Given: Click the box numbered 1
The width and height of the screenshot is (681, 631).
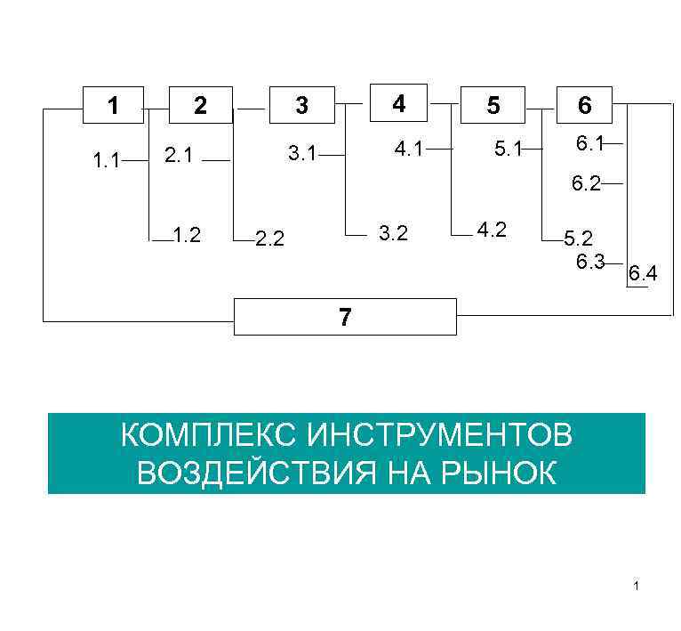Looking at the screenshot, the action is click(112, 105).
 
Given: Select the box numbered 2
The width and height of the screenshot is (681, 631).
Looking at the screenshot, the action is click(200, 105).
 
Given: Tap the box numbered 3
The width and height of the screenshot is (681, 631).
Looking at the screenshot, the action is click(301, 105).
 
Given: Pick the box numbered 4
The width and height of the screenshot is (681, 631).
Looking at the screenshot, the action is click(398, 103).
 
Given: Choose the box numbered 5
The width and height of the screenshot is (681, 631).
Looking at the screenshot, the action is click(493, 105).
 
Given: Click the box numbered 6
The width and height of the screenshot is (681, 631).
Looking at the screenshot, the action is click(584, 105).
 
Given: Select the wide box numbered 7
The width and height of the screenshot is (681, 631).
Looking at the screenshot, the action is click(345, 317).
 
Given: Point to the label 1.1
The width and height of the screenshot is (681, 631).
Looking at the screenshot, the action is click(106, 161).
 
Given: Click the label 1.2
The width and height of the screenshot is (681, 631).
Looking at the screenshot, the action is click(187, 235).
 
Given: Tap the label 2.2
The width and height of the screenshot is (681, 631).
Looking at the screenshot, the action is click(270, 239).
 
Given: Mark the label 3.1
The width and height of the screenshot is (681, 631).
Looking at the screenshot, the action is click(302, 155).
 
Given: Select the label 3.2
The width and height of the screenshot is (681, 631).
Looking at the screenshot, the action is click(393, 234).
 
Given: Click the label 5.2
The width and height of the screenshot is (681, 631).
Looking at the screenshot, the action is click(578, 239).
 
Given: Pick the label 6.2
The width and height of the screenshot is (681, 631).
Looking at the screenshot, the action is click(587, 184).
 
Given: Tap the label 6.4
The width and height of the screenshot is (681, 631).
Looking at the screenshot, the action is click(644, 274).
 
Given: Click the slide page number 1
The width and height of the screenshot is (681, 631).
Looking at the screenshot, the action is click(637, 586).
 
